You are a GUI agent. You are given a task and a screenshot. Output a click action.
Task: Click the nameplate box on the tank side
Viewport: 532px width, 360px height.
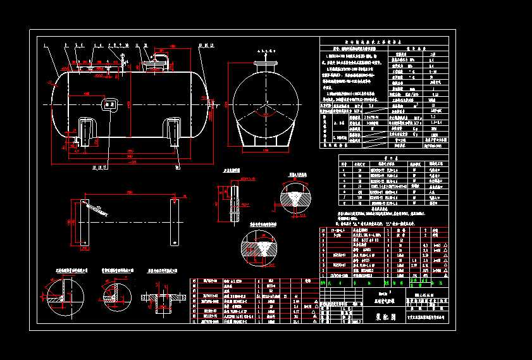point(108,104)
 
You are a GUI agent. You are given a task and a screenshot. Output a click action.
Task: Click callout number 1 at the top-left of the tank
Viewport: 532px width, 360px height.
point(46,46)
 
